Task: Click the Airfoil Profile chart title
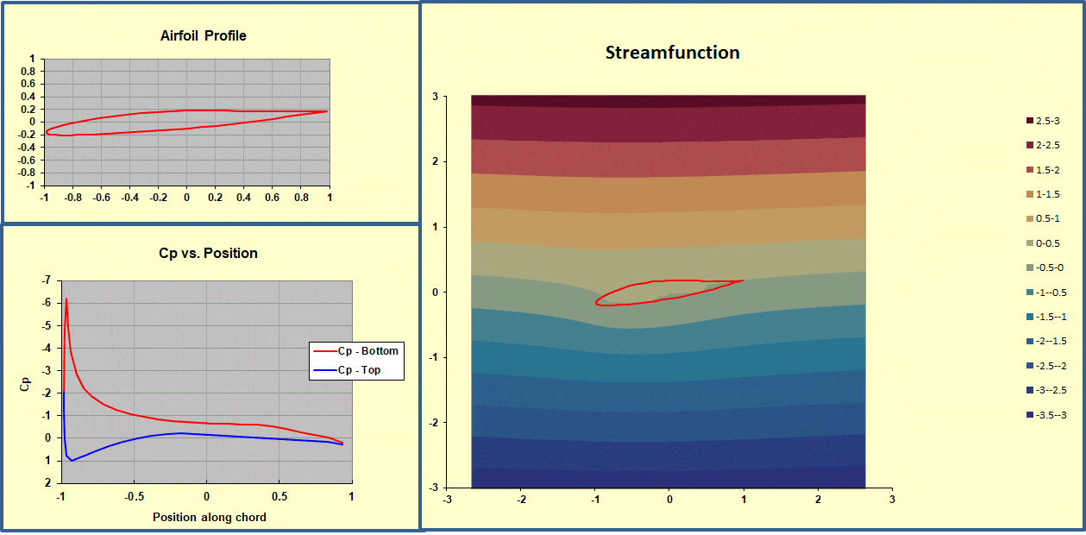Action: point(204,35)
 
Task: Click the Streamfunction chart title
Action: point(672,53)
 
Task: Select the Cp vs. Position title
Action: point(204,253)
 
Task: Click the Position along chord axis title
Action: point(210,517)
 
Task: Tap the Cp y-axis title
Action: point(25,382)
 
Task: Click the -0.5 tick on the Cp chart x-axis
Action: point(133,497)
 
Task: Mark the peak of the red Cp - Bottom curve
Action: point(66,299)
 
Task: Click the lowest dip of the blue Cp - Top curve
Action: point(72,461)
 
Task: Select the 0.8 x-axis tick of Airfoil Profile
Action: point(301,197)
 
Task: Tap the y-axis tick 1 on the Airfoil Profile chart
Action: point(32,60)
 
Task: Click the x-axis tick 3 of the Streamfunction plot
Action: point(892,499)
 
